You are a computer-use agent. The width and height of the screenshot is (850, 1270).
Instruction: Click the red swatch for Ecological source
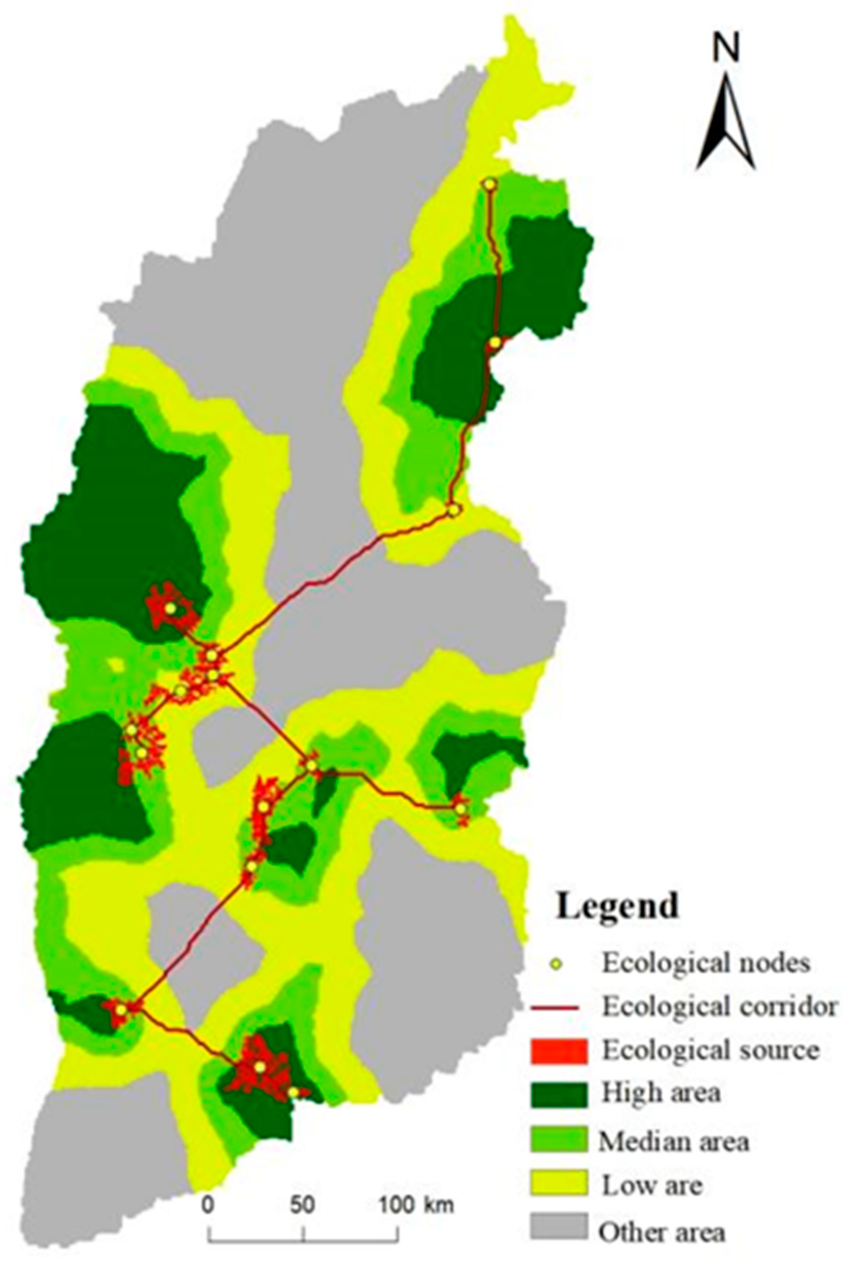point(559,1052)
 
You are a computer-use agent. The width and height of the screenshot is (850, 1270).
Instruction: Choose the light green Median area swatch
point(559,1139)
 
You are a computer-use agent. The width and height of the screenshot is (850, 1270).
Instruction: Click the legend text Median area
point(674,1140)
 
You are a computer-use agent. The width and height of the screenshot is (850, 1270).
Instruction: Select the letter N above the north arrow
point(726,51)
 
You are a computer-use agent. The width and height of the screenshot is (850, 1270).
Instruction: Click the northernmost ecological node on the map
point(490,185)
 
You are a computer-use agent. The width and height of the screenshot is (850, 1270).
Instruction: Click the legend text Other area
point(661,1228)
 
